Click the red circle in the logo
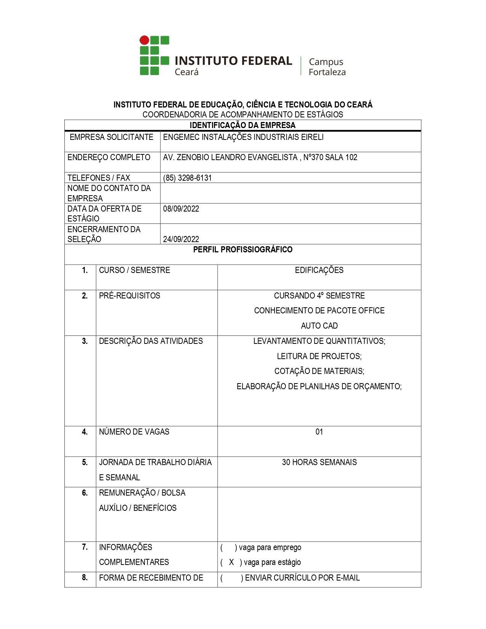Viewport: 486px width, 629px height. point(144,40)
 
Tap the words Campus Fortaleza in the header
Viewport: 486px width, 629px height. point(327,67)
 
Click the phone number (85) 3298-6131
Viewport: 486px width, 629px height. point(187,178)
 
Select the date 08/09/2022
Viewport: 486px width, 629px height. point(181,209)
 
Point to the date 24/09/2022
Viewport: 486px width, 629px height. point(181,239)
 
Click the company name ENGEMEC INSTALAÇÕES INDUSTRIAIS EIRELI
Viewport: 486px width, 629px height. point(243,137)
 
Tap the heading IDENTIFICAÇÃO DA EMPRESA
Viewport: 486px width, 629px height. point(242,125)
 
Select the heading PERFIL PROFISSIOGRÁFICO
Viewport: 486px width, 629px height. point(242,250)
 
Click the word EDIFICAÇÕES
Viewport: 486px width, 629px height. point(319,270)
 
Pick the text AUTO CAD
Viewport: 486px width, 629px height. point(319,326)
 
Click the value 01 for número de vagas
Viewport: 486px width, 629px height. point(319,432)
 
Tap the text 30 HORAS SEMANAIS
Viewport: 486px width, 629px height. point(319,462)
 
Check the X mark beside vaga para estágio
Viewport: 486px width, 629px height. point(231,562)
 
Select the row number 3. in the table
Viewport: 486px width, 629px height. point(85,341)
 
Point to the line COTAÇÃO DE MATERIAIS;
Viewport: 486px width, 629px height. point(319,371)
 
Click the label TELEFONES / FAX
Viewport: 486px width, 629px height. point(99,178)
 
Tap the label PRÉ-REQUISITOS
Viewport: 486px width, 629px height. point(130,296)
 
